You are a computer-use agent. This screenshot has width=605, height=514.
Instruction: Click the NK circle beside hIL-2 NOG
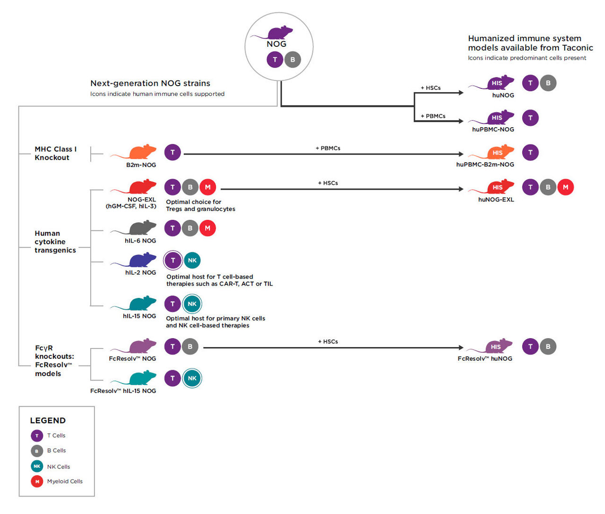click(192, 260)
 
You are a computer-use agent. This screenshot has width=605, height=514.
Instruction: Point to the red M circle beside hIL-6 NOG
click(207, 228)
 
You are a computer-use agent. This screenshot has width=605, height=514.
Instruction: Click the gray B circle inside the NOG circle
click(293, 60)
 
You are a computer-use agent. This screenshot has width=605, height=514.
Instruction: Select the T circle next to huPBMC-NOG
click(530, 118)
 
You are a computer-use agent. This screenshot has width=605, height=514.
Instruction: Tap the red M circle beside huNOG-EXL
click(565, 187)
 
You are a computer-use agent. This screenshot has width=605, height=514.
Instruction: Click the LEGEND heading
click(48, 420)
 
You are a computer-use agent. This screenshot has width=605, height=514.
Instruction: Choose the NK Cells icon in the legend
click(37, 466)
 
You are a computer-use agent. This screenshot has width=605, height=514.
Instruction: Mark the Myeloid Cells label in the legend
click(65, 481)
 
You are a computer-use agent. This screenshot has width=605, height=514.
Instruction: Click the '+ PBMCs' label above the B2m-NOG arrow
click(328, 148)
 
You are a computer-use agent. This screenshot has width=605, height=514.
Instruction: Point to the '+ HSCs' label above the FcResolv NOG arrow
click(328, 341)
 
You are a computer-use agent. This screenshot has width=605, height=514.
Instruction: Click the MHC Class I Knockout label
click(55, 153)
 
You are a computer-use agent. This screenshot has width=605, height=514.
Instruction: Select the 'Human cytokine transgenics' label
click(55, 242)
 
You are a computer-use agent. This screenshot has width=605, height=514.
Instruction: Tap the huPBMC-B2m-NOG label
click(485, 165)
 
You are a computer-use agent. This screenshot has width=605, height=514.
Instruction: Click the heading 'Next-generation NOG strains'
click(150, 83)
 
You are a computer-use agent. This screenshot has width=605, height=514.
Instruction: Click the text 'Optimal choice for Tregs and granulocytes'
click(200, 205)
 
